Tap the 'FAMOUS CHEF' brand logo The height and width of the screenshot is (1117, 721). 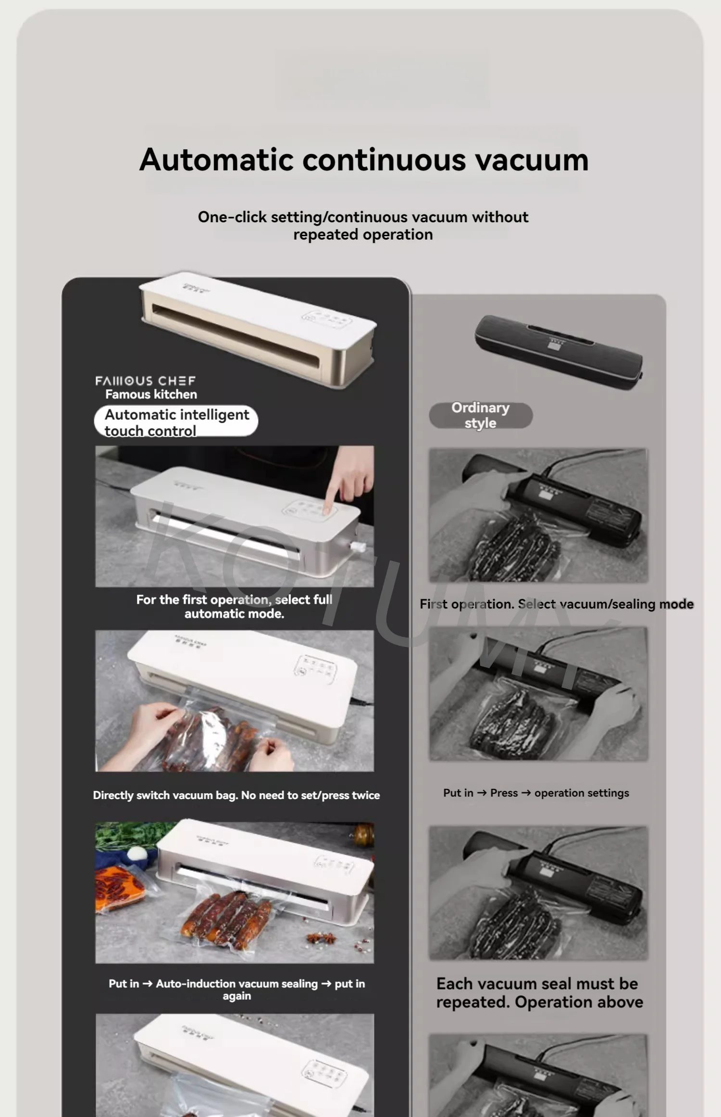tap(145, 381)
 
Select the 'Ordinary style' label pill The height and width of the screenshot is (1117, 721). tap(481, 415)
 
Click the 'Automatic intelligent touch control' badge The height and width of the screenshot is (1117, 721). tap(176, 422)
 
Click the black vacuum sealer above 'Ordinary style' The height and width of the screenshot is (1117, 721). tap(559, 352)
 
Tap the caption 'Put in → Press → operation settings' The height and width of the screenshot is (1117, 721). tap(536, 793)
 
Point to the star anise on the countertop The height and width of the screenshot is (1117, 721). tap(317, 937)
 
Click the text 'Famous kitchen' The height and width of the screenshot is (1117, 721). tap(151, 394)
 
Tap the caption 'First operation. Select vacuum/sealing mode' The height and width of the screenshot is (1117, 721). tap(557, 604)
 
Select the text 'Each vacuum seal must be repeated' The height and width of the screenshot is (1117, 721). tap(537, 993)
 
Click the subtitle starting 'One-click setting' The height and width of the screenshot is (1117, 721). tap(363, 226)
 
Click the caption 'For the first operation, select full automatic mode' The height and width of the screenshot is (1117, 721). tap(235, 607)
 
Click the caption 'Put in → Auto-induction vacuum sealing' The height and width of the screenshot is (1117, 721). tap(236, 990)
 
